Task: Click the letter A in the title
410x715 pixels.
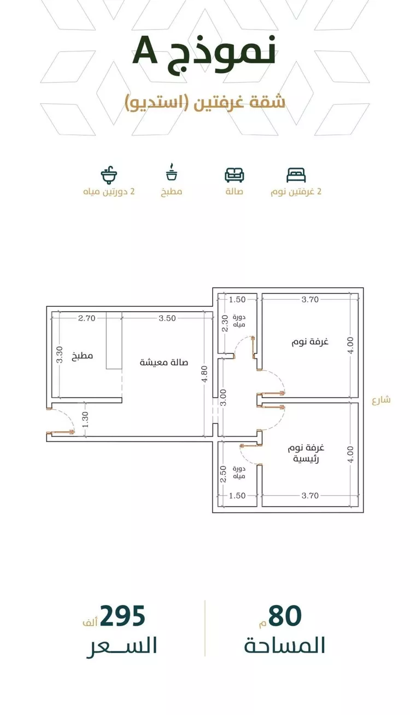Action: [145, 50]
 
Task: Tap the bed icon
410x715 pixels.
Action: [296, 175]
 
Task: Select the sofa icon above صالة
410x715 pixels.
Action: [235, 175]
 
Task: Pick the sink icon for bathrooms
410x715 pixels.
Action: [109, 175]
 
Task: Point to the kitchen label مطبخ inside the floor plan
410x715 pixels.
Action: [83, 356]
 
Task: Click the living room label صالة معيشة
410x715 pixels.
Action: [164, 362]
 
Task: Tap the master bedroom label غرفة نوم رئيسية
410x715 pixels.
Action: [306, 454]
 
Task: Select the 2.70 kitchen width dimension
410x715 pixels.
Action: [87, 318]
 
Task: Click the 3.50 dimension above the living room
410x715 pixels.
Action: [167, 318]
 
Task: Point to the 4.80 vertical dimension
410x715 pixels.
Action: [205, 374]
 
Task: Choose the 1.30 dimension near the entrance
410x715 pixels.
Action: [85, 420]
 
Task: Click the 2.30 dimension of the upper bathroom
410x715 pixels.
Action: [225, 323]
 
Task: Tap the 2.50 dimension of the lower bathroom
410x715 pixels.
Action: [224, 474]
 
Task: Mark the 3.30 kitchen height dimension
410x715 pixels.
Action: [60, 354]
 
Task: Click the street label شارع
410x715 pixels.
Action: [381, 400]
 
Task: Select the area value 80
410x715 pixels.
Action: [285, 616]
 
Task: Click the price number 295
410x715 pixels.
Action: [122, 616]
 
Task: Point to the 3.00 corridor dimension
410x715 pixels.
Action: [224, 397]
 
